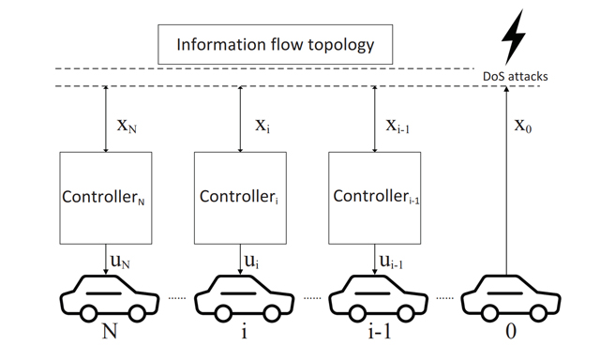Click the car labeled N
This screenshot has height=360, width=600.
(104, 295)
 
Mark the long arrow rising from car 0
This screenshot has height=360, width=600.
(506, 178)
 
